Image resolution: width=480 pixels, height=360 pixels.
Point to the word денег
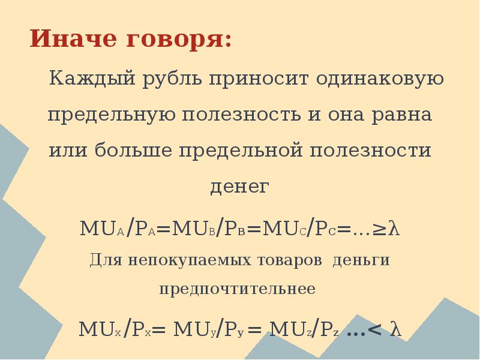click(239, 187)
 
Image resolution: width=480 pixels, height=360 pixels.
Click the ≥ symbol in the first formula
click(381, 229)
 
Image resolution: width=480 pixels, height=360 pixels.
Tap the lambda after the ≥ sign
click(394, 228)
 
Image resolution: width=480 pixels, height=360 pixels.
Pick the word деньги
click(361, 260)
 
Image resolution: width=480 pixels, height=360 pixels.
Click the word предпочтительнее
click(238, 289)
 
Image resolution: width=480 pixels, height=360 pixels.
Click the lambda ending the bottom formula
click(395, 329)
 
